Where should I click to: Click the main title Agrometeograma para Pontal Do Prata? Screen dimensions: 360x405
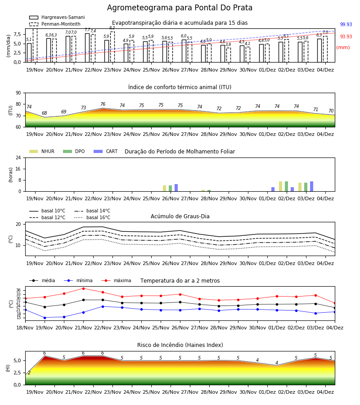180,8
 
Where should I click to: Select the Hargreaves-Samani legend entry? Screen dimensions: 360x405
57,17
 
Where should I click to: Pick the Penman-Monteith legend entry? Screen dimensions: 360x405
55,24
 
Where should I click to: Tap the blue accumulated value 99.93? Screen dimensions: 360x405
346,25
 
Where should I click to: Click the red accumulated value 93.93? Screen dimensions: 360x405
346,37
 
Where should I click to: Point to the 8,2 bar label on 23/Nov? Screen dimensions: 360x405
112,28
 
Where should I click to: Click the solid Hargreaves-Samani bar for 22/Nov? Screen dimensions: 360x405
87,48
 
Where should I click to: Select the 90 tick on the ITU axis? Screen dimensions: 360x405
18,93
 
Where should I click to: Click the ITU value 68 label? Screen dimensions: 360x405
45,113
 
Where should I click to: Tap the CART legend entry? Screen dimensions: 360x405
106,151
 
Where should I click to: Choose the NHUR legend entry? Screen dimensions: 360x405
42,151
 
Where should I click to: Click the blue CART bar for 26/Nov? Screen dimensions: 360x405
176,188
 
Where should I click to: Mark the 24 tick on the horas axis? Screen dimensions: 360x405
18,157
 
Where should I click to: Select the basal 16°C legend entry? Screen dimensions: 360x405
92,217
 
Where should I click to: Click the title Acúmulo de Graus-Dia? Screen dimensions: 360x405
180,216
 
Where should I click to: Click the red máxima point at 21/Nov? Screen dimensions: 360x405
83,288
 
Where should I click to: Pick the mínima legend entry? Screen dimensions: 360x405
78,280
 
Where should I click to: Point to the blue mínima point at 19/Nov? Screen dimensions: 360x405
45,318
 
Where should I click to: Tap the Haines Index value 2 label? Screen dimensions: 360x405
29,373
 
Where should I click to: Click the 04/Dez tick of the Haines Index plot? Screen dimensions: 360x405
325,392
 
